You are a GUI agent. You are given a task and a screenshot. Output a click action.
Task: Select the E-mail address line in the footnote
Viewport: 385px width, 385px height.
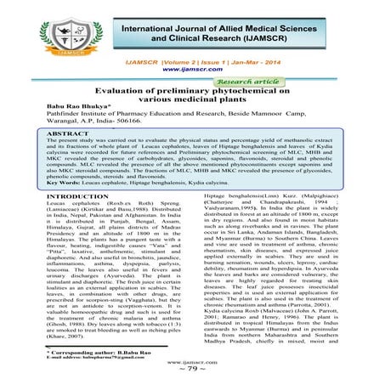90,357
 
